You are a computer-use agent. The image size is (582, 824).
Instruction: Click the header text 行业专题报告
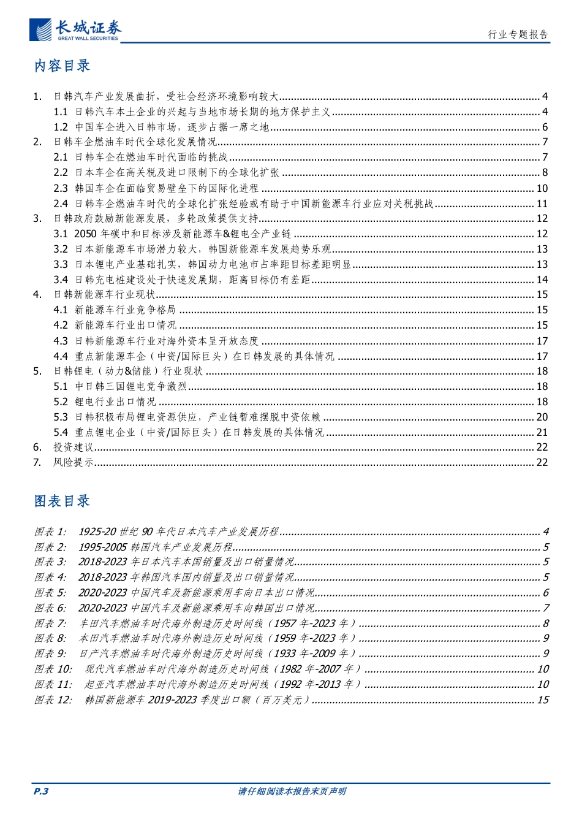tap(518, 34)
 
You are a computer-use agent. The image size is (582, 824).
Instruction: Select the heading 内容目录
tap(62, 66)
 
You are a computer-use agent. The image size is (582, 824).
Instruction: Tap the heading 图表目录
tap(62, 501)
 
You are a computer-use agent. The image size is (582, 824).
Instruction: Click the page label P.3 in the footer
tap(40, 791)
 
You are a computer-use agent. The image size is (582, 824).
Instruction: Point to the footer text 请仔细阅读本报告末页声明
tap(292, 791)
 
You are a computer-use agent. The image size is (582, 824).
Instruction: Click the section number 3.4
tap(60, 280)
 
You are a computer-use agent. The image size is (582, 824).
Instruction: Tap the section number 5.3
tap(60, 417)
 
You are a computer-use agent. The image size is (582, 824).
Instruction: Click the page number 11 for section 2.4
tap(542, 204)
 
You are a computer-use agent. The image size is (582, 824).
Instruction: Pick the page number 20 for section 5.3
tap(542, 417)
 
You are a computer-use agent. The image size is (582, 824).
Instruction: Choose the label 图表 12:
tap(53, 700)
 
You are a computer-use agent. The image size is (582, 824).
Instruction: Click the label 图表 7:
tap(50, 623)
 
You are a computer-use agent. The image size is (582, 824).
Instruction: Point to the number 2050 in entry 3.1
tap(85, 234)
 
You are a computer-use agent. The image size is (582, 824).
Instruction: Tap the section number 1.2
tap(60, 127)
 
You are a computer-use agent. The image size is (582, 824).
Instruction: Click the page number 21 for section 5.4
tap(542, 432)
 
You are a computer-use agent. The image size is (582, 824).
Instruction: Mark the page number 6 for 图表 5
tap(546, 592)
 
